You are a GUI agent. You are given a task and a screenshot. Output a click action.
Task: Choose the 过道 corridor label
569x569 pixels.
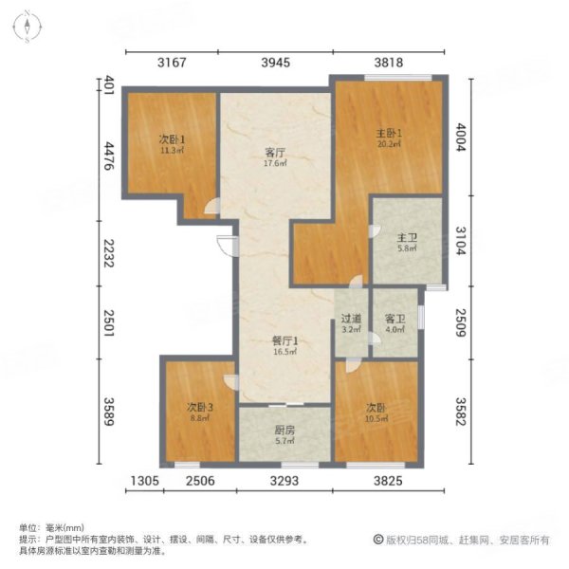(x=351, y=319)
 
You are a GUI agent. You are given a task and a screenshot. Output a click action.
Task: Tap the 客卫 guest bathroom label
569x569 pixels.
(x=395, y=319)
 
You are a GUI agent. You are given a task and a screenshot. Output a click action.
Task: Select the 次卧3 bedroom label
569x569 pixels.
(x=199, y=409)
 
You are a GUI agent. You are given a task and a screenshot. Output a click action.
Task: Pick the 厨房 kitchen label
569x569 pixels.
(x=284, y=430)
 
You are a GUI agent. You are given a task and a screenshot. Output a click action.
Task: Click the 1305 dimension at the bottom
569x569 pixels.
(x=142, y=482)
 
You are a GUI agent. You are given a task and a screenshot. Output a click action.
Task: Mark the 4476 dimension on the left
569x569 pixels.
(x=109, y=156)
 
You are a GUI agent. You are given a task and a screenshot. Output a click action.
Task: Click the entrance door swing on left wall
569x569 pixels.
(x=226, y=245)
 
